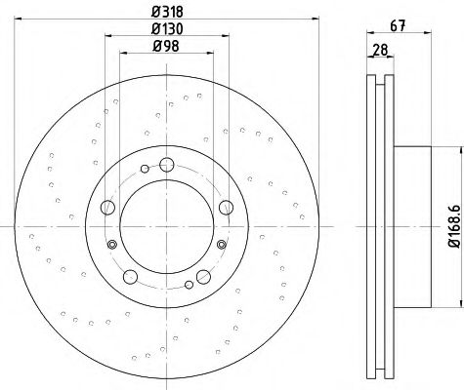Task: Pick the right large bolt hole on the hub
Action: pos(227,206)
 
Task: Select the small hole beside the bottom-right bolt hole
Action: pos(221,258)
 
